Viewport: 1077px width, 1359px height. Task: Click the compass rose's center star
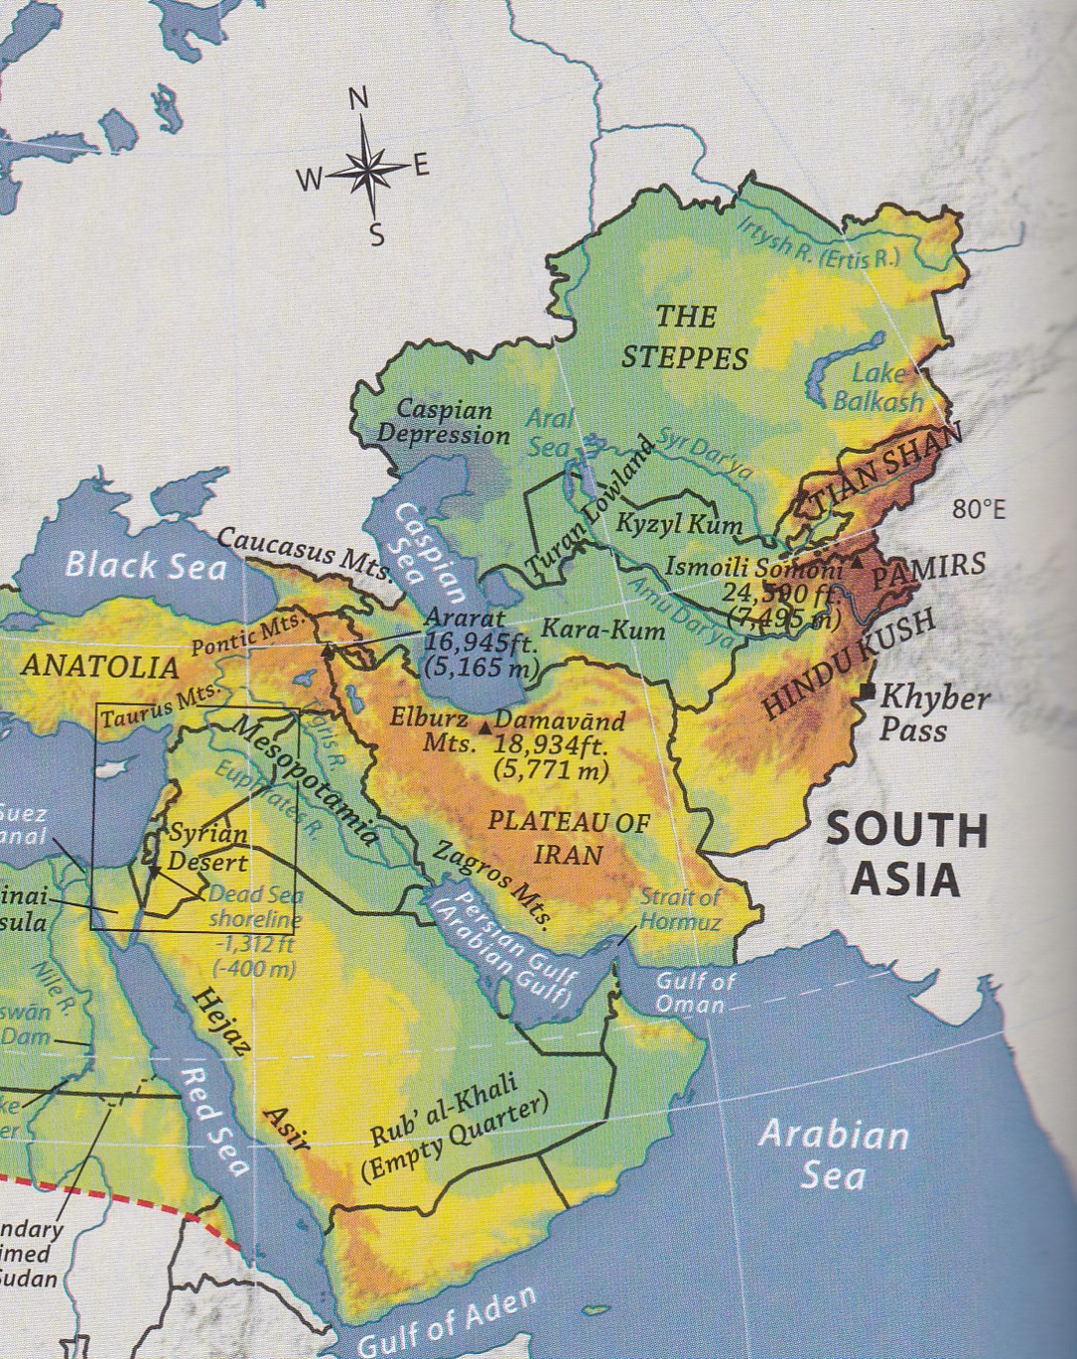tap(366, 172)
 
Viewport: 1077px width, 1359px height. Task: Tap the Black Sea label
tap(146, 565)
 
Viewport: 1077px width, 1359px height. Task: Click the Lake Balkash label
tap(877, 387)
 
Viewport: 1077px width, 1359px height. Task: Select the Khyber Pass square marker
tap(869, 691)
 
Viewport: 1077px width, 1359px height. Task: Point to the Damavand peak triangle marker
tap(484, 729)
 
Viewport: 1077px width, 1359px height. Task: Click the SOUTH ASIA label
tap(907, 854)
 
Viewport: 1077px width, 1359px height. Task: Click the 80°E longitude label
tap(978, 510)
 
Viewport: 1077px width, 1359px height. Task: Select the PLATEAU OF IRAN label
tap(569, 837)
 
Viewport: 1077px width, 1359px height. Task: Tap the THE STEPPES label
tap(685, 337)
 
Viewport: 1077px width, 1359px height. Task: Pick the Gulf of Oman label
tap(695, 992)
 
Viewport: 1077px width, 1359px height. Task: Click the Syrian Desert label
tap(207, 847)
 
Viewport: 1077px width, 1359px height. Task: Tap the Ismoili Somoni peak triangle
tap(855, 562)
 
